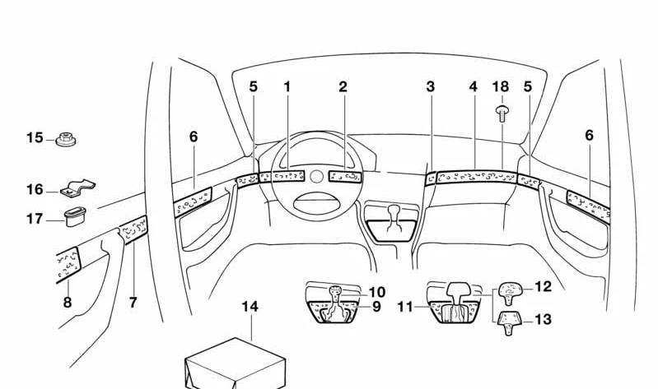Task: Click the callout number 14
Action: pos(250,307)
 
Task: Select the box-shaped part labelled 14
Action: pos(235,362)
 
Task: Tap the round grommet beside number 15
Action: pos(66,141)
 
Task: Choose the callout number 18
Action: pos(501,86)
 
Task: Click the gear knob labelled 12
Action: pos(510,289)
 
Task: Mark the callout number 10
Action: pos(376,292)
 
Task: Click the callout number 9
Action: pos(376,307)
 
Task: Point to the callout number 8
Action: pos(68,303)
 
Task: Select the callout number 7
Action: pos(133,303)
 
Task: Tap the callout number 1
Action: pos(287,86)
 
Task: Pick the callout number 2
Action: pos(343,86)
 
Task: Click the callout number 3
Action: pos(430,86)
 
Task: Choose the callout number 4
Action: pos(474,86)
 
